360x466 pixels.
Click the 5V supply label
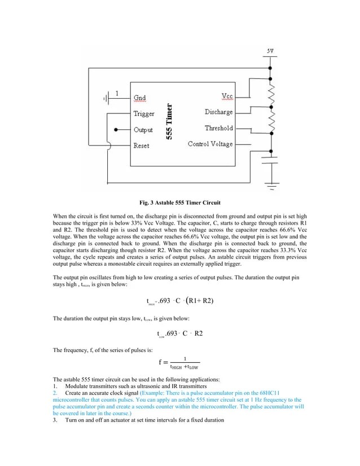click(271, 51)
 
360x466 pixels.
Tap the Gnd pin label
click(139, 98)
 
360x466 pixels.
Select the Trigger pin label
click(144, 113)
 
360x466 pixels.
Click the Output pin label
click(143, 130)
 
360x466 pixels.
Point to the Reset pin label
click(141, 146)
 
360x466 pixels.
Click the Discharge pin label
click(218, 112)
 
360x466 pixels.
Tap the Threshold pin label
click(218, 128)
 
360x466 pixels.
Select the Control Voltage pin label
click(210, 144)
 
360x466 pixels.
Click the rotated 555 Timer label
click(169, 121)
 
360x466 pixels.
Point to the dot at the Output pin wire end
click(115, 130)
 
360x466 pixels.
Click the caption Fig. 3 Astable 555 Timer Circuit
click(180, 202)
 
